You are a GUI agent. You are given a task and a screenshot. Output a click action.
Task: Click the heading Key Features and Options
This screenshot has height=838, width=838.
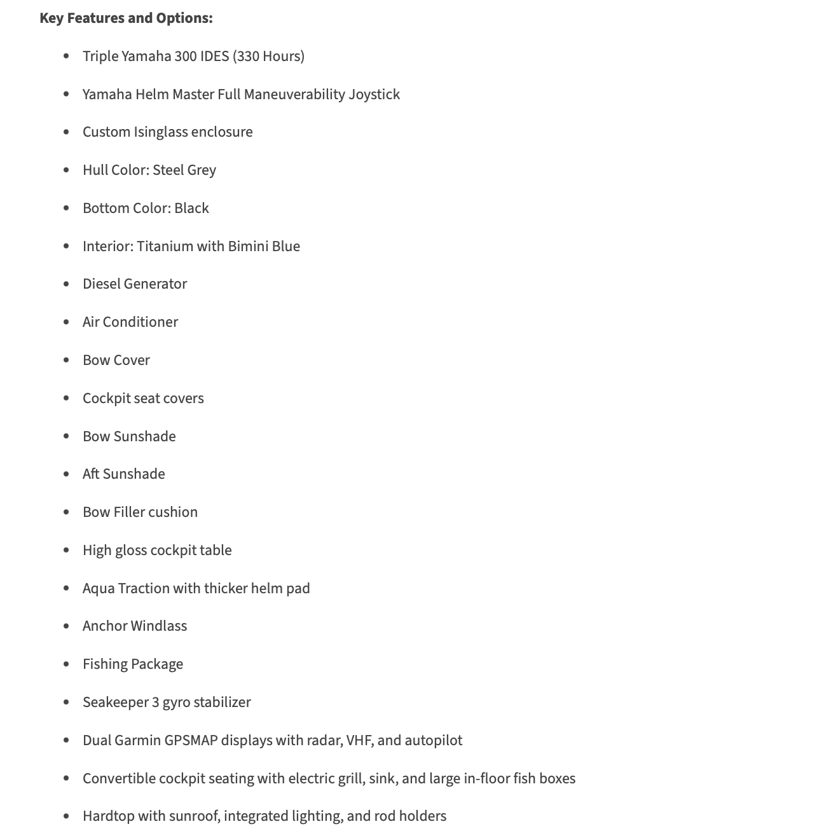click(x=126, y=18)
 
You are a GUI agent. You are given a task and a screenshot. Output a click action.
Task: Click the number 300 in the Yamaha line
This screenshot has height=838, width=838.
click(x=186, y=57)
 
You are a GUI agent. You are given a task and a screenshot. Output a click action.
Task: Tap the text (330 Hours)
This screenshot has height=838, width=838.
click(x=268, y=57)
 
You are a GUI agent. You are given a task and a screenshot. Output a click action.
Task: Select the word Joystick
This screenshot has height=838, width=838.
click(x=374, y=95)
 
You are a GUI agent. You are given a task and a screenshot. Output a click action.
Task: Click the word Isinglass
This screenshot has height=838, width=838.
click(x=160, y=132)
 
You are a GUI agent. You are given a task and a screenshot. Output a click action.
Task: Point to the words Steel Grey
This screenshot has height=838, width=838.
click(x=184, y=170)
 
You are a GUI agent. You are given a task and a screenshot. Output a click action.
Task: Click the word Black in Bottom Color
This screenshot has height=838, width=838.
click(x=191, y=209)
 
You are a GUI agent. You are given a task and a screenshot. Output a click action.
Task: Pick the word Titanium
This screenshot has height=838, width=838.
click(x=165, y=247)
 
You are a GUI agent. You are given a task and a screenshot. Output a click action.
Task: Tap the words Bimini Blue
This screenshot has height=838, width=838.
click(x=264, y=247)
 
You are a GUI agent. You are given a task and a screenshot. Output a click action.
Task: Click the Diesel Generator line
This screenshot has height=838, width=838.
click(x=135, y=284)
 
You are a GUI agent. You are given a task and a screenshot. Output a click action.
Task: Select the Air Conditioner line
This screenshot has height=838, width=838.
click(x=130, y=322)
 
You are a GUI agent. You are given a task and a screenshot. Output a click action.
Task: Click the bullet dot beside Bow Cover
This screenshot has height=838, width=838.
click(x=66, y=361)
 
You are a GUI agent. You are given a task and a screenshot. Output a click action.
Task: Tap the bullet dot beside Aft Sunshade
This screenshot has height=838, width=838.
click(x=66, y=474)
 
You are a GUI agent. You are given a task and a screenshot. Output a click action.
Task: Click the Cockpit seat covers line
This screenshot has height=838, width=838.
click(x=143, y=399)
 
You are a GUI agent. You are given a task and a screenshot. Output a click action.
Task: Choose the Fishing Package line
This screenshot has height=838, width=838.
click(x=133, y=664)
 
